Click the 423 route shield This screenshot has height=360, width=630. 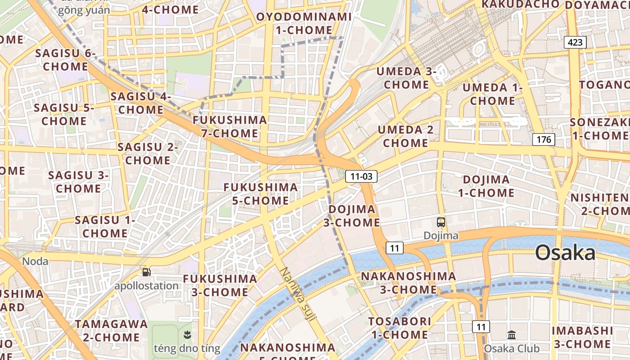575,43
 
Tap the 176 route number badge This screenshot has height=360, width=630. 544,139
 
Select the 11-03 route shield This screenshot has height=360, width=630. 361,177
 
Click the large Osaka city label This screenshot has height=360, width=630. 565,253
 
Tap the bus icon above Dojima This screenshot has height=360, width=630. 441,222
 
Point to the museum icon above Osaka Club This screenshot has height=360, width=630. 512,335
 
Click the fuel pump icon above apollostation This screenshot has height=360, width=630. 146,272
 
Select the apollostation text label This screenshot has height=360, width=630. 146,286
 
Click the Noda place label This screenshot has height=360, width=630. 35,261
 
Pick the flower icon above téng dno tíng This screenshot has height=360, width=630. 188,334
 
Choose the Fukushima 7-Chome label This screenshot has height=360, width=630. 230,126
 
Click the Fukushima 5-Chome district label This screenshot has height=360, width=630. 261,193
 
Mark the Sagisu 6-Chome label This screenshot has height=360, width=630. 65,59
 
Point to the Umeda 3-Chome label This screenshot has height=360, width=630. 406,78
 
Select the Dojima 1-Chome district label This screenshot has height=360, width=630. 486,186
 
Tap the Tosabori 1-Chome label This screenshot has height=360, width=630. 400,328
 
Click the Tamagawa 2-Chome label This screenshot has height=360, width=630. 111,330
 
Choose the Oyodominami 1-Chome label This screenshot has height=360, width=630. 304,23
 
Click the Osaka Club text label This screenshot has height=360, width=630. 511,349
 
